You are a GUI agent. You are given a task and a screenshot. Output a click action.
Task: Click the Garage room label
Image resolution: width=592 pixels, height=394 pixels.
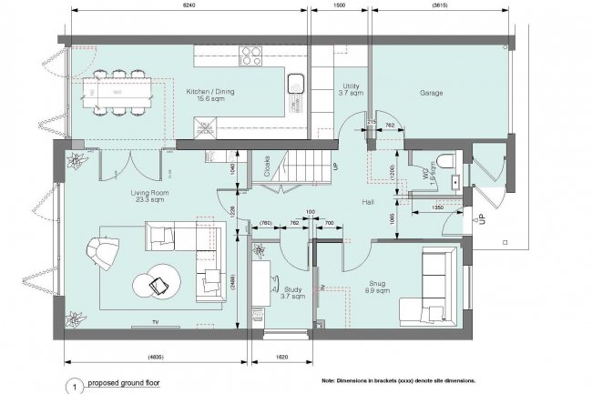point(431,93)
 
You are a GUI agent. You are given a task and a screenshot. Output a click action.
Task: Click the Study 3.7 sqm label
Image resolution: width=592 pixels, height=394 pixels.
point(291,292)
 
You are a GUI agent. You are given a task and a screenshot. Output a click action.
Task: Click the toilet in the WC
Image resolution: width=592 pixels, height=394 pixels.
point(444,164)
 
